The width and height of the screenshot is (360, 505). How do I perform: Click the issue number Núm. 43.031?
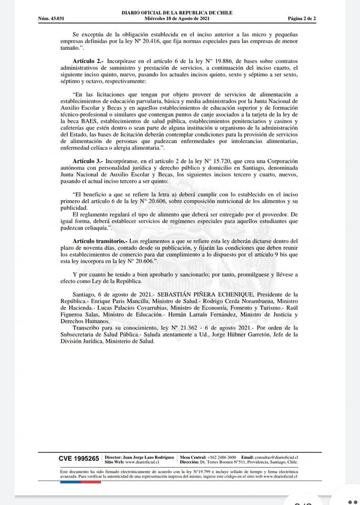(51, 19)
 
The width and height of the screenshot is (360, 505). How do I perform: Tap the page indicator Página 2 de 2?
(302, 19)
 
